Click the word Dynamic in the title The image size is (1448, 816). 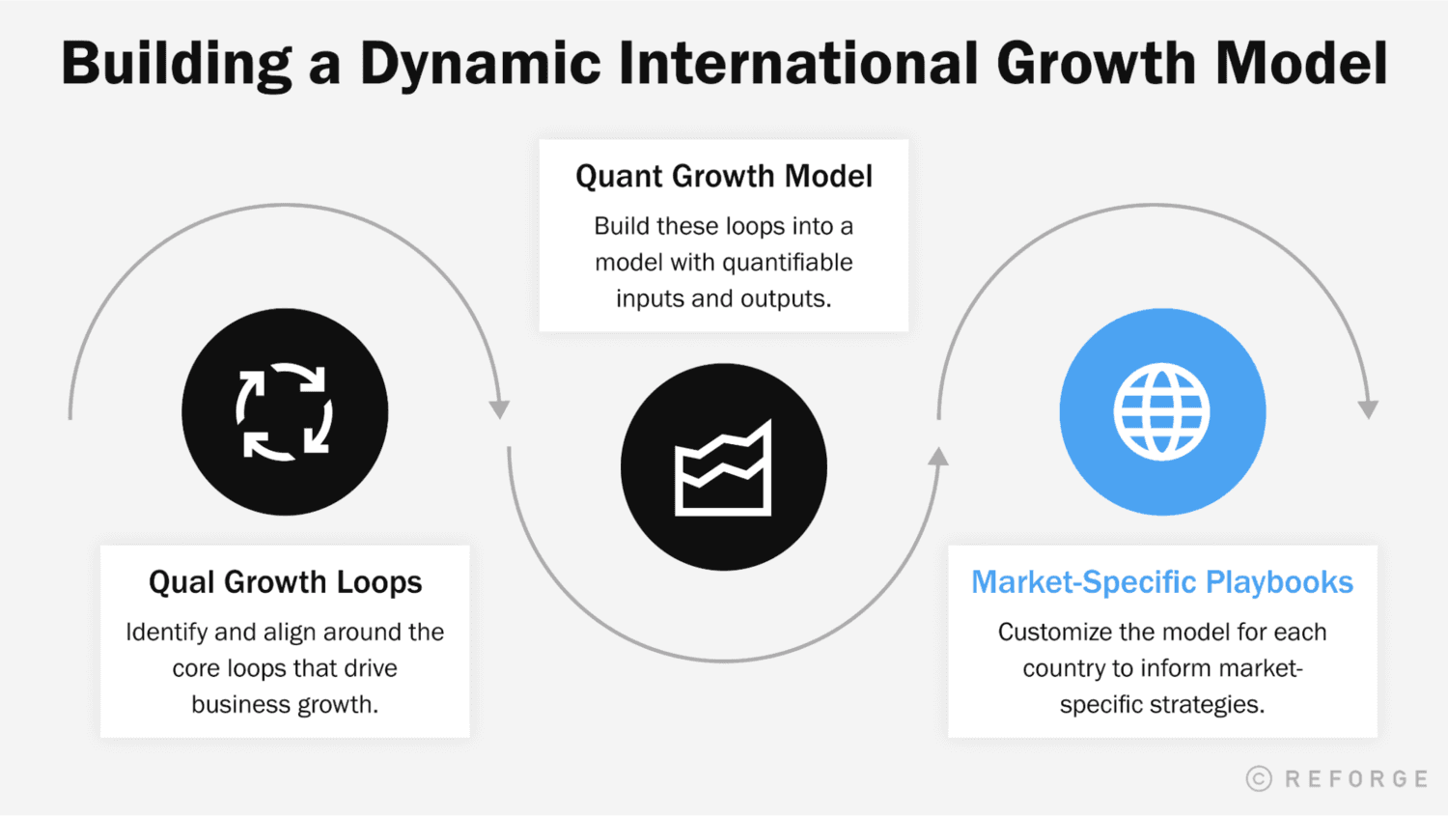(479, 65)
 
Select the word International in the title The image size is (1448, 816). (798, 64)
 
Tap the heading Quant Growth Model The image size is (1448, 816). (724, 176)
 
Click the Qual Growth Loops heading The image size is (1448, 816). (285, 582)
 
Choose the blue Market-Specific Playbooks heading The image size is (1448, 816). (1161, 582)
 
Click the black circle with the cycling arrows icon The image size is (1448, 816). (285, 412)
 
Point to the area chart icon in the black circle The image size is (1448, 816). (723, 468)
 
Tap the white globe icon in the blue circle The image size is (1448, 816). (1161, 412)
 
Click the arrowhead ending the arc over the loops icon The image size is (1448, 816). (499, 408)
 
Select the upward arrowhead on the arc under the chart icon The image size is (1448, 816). (938, 457)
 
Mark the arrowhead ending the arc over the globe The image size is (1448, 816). (1368, 408)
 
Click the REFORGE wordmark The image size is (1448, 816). (1356, 779)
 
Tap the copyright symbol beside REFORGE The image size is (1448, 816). (1259, 779)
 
